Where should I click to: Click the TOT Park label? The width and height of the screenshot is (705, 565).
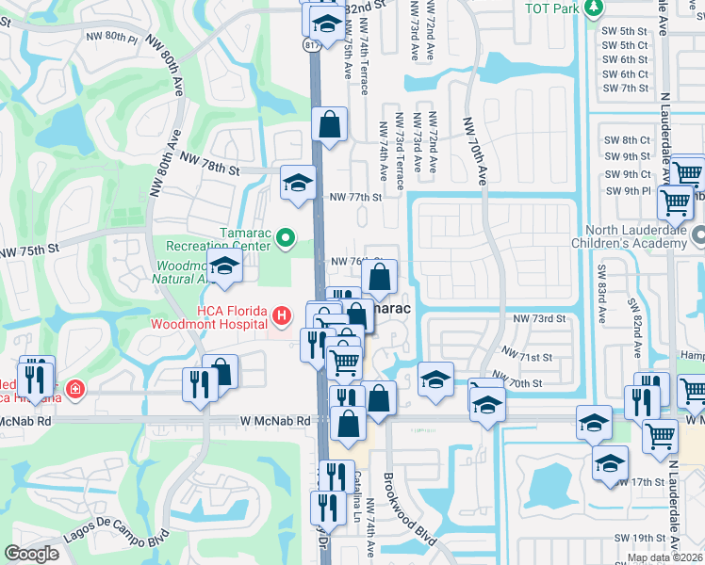(x=552, y=8)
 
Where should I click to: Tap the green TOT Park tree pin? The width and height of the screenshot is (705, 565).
(x=593, y=8)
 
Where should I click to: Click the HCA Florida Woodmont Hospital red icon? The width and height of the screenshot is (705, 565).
(x=280, y=314)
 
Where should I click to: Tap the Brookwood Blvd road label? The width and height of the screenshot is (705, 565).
(x=409, y=508)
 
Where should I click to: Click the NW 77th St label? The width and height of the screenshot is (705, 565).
(x=354, y=198)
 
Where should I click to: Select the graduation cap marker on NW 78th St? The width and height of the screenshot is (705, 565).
(x=298, y=182)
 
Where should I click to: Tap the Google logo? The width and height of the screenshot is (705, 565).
(x=32, y=554)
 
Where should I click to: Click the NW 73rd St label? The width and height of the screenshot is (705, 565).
(x=539, y=319)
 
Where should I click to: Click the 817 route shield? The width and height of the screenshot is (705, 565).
(x=311, y=44)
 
